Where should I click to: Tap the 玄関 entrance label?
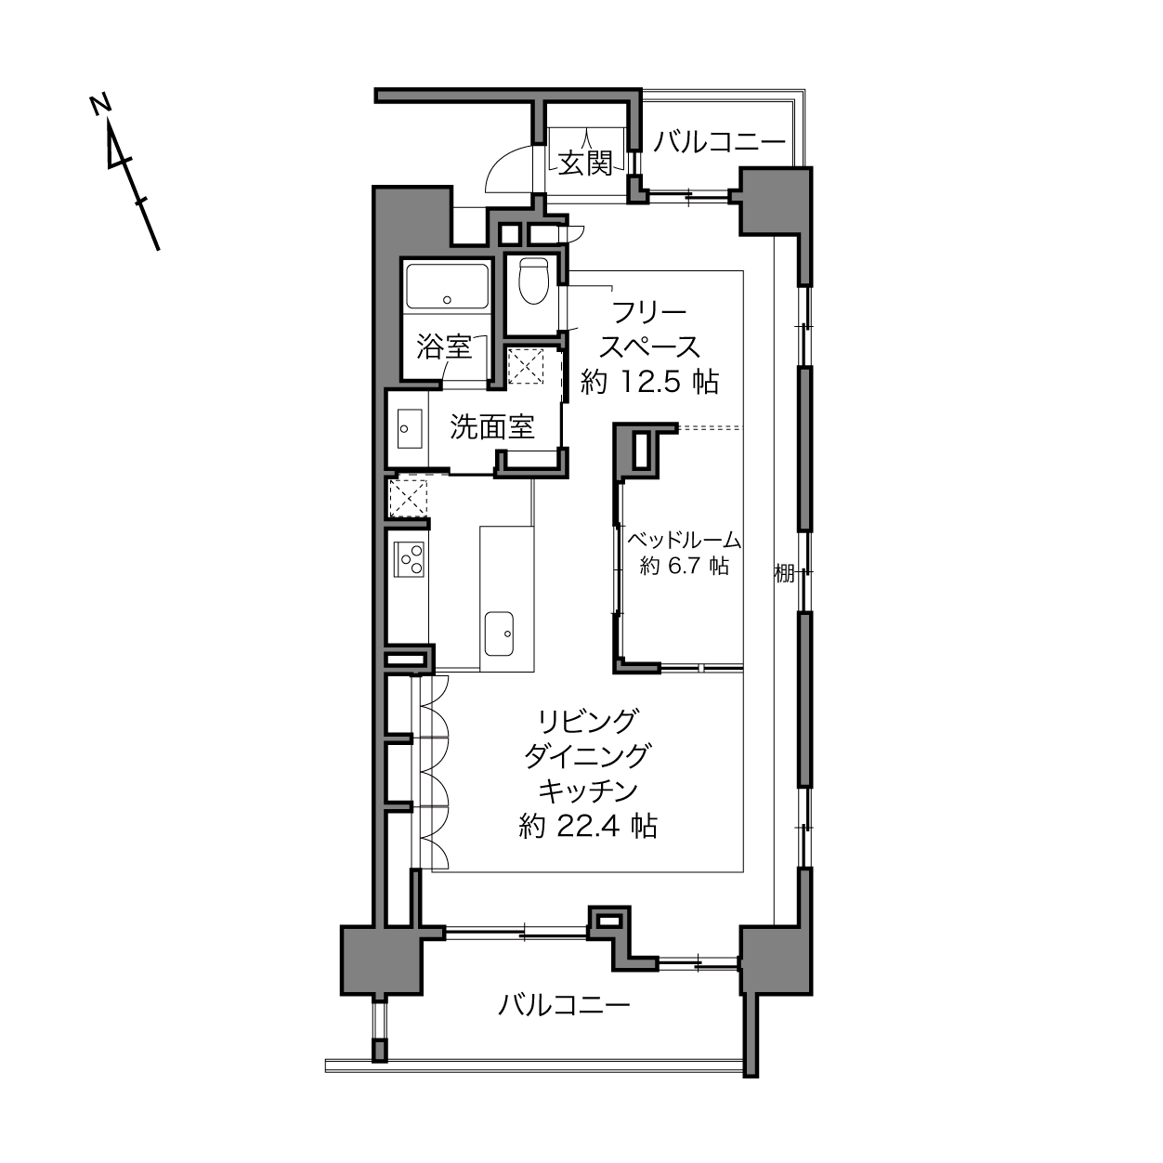[x=584, y=163]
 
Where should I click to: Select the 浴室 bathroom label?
[x=444, y=347]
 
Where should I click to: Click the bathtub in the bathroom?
[x=447, y=286]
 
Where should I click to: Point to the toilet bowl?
[x=533, y=280]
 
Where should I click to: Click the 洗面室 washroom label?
[x=492, y=426]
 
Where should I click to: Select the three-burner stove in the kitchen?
[x=410, y=558]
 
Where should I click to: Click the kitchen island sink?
[x=499, y=634]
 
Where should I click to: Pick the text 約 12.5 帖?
[x=649, y=382]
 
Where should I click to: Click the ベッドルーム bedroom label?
[x=684, y=539]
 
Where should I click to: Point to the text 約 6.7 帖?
[x=685, y=566]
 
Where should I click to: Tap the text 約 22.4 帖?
[x=588, y=826]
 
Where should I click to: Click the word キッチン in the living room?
[x=588, y=791]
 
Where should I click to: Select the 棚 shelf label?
[x=784, y=573]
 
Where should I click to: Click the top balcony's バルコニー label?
[x=719, y=142]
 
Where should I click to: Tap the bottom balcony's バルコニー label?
[x=564, y=1005]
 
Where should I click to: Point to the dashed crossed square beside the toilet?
[x=525, y=366]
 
